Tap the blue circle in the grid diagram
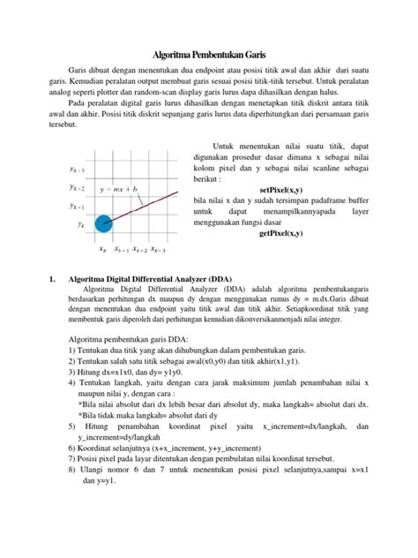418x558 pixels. (x=103, y=226)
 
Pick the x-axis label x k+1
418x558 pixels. (x=121, y=250)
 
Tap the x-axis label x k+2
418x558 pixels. (x=140, y=250)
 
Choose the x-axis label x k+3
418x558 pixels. (x=160, y=250)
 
